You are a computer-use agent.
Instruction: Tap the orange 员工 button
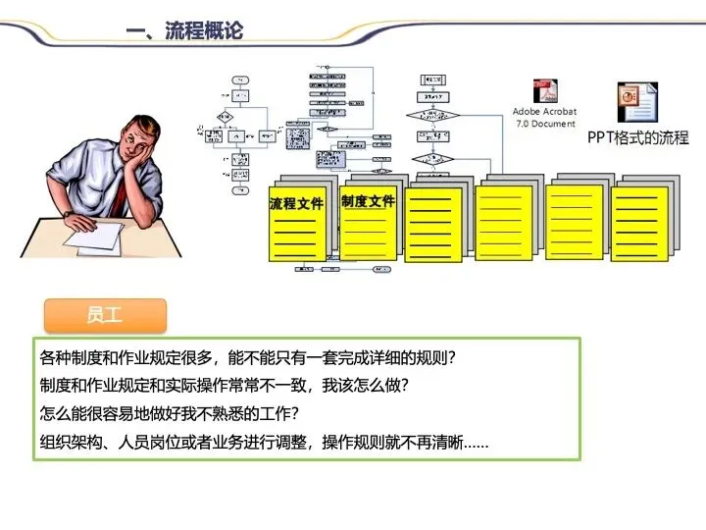105,316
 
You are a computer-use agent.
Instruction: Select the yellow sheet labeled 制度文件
368,220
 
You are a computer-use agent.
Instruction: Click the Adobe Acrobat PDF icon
544,91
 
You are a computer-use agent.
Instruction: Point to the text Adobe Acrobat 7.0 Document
544,118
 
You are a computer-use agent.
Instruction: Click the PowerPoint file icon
636,101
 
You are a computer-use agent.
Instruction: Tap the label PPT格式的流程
637,138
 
